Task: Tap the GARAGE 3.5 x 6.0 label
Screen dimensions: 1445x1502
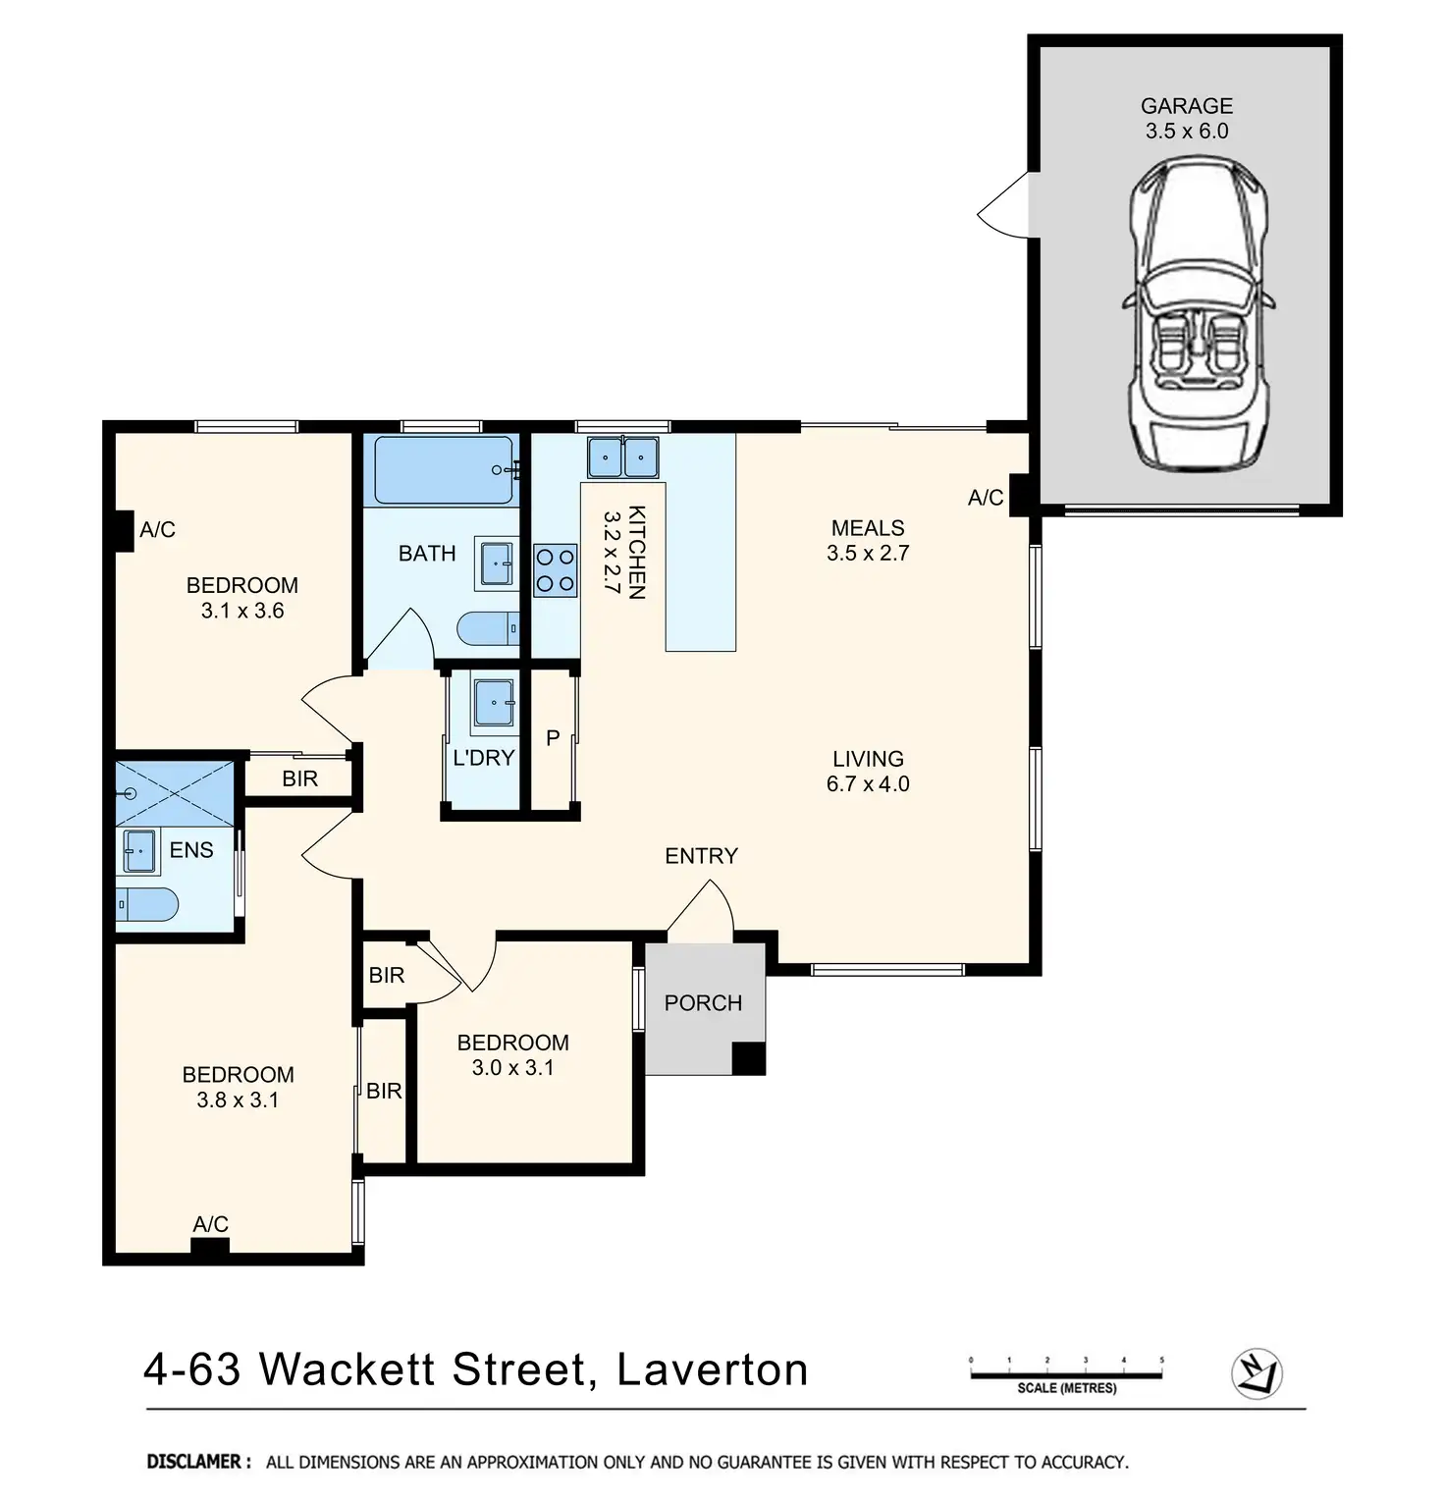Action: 1187,118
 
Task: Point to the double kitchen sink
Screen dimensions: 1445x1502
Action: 622,456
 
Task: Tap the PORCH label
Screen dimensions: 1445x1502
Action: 703,1002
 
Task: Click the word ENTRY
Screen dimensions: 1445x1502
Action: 701,856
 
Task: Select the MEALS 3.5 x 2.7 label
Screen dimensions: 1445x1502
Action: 868,540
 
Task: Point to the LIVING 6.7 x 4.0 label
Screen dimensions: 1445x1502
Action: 868,771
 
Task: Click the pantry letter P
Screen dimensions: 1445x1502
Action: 553,737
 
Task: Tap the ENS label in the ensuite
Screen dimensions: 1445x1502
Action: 191,850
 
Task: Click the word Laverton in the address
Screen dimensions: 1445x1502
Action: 713,1368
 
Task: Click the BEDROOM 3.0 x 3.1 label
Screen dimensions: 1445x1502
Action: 512,1054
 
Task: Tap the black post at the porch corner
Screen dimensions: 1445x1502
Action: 749,1057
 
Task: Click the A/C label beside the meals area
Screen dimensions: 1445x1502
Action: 986,498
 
